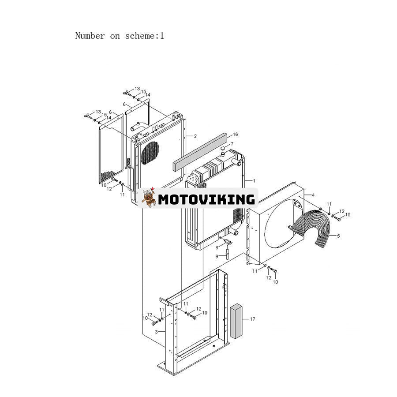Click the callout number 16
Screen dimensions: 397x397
[x=236, y=135]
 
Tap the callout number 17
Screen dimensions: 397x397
[x=252, y=319]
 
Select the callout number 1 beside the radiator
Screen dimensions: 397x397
[x=254, y=181]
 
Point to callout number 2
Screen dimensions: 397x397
[x=195, y=136]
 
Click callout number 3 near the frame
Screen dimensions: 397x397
[x=156, y=332]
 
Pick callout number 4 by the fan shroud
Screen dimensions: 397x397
[x=313, y=195]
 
